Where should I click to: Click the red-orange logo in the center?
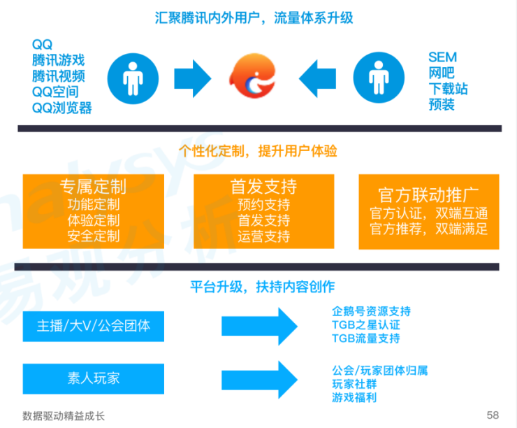coord(256,76)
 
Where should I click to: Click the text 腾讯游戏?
coord(59,59)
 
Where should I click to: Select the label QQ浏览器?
coord(61,108)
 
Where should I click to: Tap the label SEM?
coord(442,57)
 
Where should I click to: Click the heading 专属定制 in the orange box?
coord(93,187)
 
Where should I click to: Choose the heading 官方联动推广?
coord(428,194)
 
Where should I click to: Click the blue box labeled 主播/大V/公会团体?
coord(94,326)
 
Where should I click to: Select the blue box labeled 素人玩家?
coord(94,378)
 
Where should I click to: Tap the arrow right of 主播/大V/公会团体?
coord(260,326)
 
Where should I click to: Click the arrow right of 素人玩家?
coord(260,378)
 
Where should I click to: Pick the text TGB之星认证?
coord(366,325)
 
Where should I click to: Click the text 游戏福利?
coord(354,397)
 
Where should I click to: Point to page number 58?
coord(493,415)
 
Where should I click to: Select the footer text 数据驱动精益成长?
coord(63,415)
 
